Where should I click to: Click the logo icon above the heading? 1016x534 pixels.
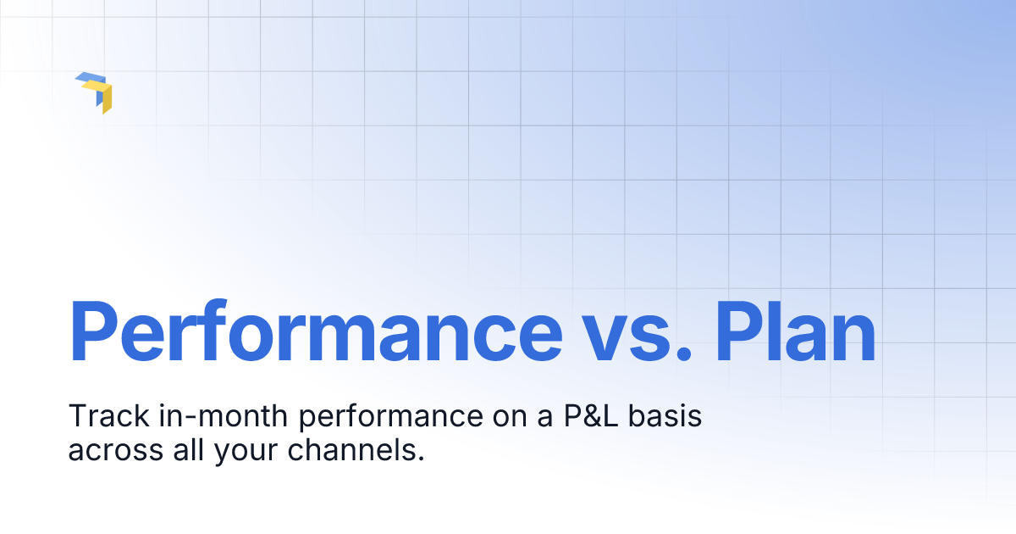pos(95,92)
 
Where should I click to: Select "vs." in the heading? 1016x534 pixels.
pos(638,331)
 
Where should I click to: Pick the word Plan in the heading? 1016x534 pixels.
pos(795,331)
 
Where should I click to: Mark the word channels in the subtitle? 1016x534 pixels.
pos(344,450)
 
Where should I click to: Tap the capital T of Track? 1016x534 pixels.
pos(75,417)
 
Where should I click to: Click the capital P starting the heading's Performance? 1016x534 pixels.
pos(91,331)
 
